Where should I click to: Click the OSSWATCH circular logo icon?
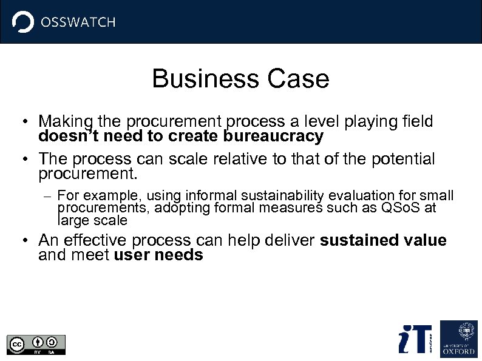pyautogui.click(x=23, y=22)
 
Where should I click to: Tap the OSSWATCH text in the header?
pyautogui.click(x=77, y=22)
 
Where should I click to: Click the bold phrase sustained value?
pyautogui.click(x=383, y=240)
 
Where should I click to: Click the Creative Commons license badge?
pyautogui.click(x=36, y=344)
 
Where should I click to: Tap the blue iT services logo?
pyautogui.click(x=415, y=339)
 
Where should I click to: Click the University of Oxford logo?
pyautogui.click(x=458, y=338)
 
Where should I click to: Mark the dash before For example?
pyautogui.click(x=49, y=196)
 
